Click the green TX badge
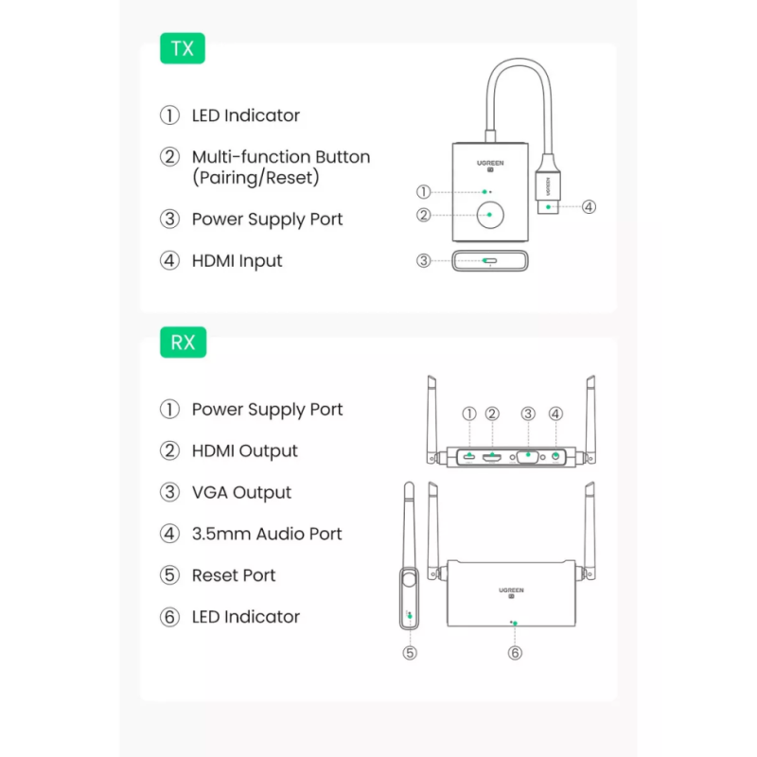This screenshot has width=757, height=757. [x=183, y=48]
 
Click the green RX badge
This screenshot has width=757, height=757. [x=183, y=342]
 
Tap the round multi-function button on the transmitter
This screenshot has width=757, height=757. [x=489, y=215]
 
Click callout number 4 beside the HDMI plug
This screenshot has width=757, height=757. [x=589, y=206]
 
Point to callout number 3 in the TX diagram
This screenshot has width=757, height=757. [x=424, y=260]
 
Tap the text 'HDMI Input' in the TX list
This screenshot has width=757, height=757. [x=237, y=260]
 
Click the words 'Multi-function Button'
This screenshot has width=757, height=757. [x=281, y=157]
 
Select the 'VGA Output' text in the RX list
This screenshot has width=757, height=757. [x=241, y=492]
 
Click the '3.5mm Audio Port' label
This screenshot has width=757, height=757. [x=267, y=534]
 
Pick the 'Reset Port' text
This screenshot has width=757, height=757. [x=234, y=575]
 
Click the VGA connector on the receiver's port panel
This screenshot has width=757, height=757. [x=528, y=457]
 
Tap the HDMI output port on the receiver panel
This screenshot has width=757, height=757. [x=492, y=457]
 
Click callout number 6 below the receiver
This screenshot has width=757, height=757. [x=515, y=653]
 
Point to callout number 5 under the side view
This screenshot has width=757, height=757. [x=409, y=653]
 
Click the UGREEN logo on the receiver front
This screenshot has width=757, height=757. [x=512, y=591]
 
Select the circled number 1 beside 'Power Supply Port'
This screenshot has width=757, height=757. [x=169, y=410]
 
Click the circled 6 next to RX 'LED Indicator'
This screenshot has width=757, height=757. [x=169, y=617]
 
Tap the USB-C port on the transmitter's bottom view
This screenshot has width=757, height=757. [x=489, y=260]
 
